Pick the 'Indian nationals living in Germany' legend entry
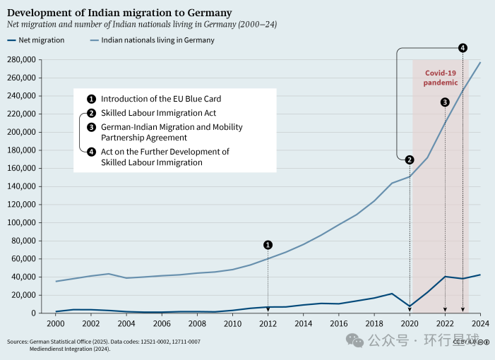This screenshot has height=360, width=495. pos(157,40)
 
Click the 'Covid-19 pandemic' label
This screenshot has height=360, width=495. pos(441,78)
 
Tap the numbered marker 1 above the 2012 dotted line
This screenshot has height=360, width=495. pos(268,245)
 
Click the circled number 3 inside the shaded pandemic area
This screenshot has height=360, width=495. pos(445,102)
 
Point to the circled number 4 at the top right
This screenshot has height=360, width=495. pos(463,48)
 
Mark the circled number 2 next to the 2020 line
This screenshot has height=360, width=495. pos(410,159)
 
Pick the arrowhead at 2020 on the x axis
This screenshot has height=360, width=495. pos(410,310)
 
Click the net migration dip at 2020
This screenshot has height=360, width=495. pos(410,306)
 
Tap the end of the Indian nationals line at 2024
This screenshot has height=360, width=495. pos(480,63)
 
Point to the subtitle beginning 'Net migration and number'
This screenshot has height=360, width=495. pos(141,24)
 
